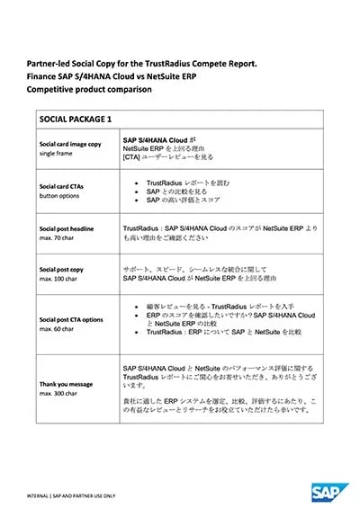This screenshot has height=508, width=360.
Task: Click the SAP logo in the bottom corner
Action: (325, 492)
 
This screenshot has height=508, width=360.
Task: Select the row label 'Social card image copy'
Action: (70, 144)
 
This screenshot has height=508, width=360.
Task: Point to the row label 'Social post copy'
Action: (60, 269)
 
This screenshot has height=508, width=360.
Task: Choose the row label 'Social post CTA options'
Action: (71, 319)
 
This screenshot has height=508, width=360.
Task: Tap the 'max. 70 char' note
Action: (56, 240)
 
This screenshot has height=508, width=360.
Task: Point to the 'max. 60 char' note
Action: (56, 330)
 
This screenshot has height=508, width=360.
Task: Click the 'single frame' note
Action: (56, 155)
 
